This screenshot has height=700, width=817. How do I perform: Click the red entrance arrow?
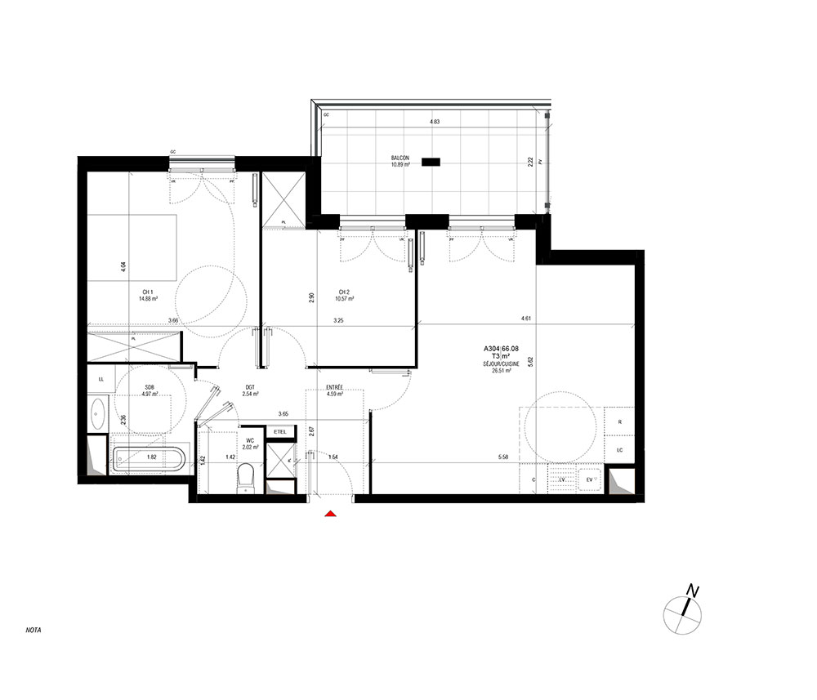pos(330,514)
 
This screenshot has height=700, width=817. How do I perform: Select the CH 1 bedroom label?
pos(148,292)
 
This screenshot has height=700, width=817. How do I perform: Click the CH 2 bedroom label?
pos(344,292)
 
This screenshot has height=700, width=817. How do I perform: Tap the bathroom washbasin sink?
pos(97,412)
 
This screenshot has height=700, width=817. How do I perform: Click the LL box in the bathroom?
pos(100,379)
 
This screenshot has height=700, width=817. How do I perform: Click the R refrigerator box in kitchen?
pos(620,422)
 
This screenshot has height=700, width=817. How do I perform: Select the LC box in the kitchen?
pos(620,450)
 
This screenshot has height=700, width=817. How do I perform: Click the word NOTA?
pos(33,631)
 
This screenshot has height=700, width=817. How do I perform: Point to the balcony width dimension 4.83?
pos(435,123)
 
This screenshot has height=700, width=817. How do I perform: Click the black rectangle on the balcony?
pos(431,162)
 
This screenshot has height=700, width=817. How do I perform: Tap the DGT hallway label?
pos(250,387)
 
